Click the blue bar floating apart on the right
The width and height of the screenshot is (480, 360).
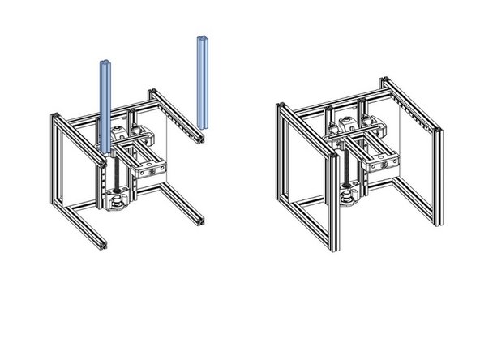[x=202, y=81]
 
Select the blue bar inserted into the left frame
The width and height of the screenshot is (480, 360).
[x=105, y=105]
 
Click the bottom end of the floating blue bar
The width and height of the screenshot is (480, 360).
[x=203, y=125]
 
